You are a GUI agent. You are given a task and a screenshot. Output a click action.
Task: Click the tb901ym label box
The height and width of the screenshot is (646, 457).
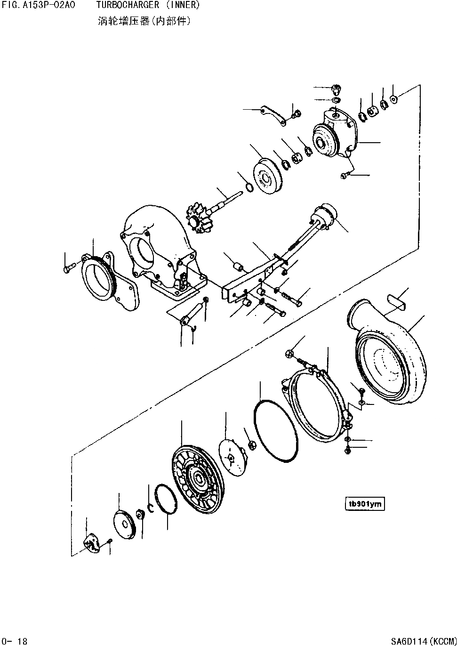[365, 504]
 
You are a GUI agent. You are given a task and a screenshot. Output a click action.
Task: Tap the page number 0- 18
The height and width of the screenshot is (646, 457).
[15, 641]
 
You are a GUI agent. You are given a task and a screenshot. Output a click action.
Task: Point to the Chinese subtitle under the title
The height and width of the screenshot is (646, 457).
[144, 21]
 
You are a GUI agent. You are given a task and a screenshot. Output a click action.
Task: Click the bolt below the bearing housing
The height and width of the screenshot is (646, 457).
[344, 176]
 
